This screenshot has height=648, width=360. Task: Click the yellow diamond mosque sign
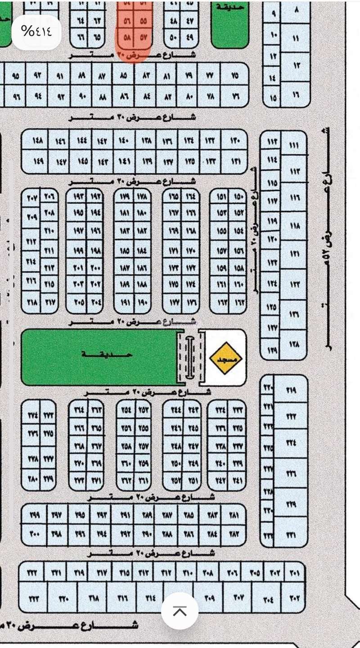(226, 358)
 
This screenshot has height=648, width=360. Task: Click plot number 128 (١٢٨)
(294, 344)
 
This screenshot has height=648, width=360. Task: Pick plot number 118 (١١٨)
(295, 227)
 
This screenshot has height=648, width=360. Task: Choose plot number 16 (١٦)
(296, 95)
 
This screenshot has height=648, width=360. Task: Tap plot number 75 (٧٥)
(235, 76)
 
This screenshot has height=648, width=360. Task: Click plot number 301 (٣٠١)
(294, 573)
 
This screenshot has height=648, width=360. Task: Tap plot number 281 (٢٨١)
(234, 515)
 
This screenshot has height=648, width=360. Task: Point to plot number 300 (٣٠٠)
(35, 534)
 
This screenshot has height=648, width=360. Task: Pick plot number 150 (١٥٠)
(238, 198)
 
